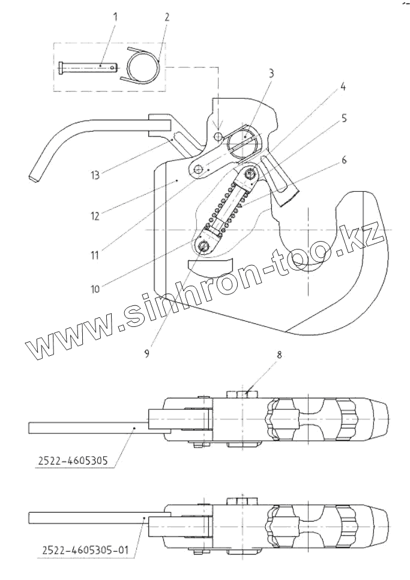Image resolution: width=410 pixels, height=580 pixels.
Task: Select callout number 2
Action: point(166,17)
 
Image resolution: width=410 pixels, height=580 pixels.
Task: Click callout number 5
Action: point(344,118)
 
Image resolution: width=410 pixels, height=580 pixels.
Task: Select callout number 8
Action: point(278,355)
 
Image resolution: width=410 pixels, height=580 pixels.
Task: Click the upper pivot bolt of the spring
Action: point(249,174)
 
